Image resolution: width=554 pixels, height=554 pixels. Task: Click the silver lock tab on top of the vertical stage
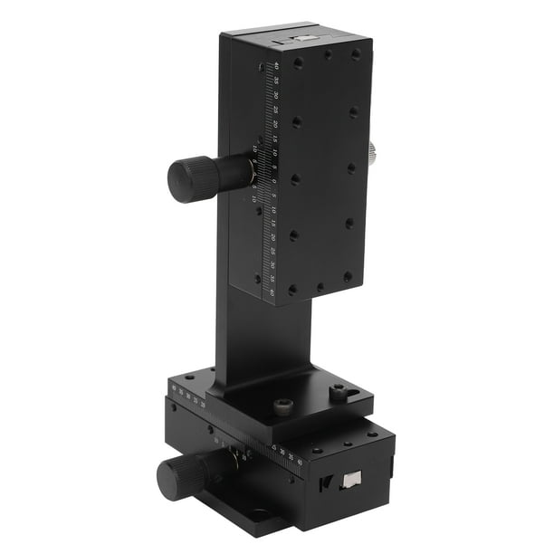tap(301, 39)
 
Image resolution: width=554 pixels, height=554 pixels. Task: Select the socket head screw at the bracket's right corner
tap(339, 392)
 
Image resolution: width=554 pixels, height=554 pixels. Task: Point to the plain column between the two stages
tap(263, 335)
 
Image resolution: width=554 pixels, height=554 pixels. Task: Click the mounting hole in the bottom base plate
tap(260, 513)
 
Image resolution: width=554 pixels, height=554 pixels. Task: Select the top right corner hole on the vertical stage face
tap(356, 54)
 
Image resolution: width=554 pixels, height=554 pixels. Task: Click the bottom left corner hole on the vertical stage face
tap(291, 291)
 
